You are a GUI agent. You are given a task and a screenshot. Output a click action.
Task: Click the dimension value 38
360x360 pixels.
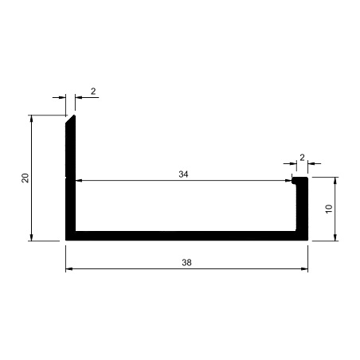click(x=186, y=263)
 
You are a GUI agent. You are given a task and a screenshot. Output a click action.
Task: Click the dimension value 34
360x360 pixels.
click(x=183, y=174)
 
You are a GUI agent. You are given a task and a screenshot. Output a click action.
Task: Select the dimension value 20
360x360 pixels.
click(x=25, y=178)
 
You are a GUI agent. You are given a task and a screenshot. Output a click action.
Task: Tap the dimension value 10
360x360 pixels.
click(x=329, y=209)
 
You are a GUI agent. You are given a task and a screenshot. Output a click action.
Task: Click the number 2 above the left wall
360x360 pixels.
click(x=93, y=92)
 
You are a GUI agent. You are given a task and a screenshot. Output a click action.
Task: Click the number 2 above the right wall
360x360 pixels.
click(x=302, y=158)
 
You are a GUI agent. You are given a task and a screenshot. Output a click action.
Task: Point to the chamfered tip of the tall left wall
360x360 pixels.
click(x=74, y=115)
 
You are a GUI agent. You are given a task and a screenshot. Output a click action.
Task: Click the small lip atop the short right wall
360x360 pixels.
click(x=299, y=181)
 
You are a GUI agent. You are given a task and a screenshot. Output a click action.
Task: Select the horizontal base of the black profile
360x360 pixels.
click(x=186, y=236)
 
